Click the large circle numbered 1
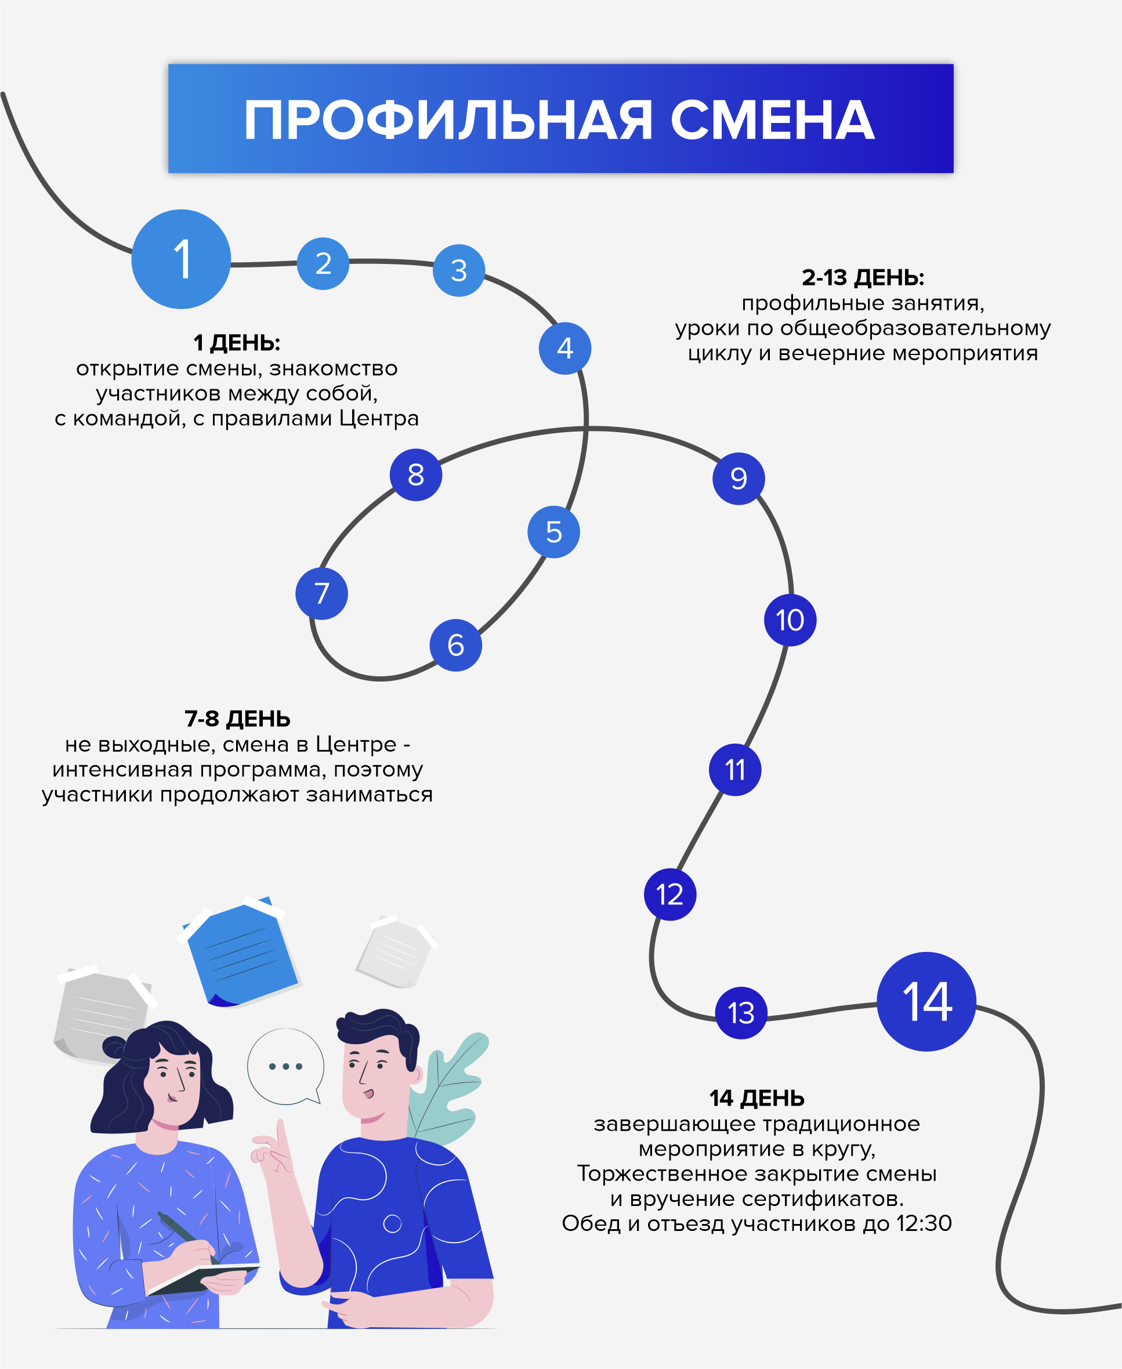[181, 259]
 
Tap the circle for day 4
[565, 349]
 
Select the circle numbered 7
[321, 593]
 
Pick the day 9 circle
[738, 479]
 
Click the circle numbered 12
[669, 894]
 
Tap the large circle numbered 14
[926, 1002]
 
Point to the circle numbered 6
[455, 645]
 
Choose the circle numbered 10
[790, 620]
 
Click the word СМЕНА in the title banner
[772, 120]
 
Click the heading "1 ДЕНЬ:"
[237, 343]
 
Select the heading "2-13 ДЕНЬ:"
[863, 278]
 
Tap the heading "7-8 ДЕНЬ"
[237, 719]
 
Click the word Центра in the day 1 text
[379, 419]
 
